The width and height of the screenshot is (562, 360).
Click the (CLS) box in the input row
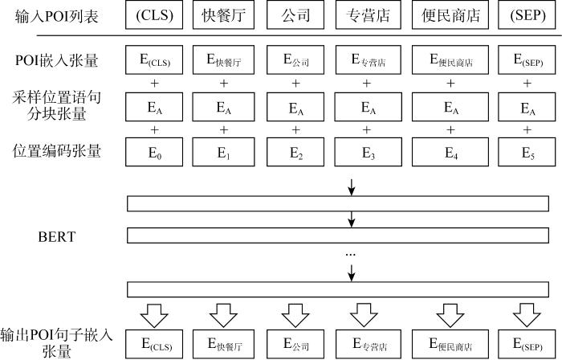pyautogui.click(x=154, y=14)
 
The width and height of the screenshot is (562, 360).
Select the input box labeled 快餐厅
pyautogui.click(x=224, y=14)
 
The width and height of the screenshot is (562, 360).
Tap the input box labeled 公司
pyautogui.click(x=295, y=14)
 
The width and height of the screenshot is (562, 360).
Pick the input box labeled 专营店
pyautogui.click(x=368, y=14)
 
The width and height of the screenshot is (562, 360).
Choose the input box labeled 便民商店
pyautogui.click(x=450, y=14)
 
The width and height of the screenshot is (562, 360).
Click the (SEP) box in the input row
pyautogui.click(x=527, y=14)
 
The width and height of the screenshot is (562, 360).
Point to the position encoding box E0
pyautogui.click(x=154, y=152)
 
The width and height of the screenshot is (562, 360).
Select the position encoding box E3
pyautogui.click(x=368, y=152)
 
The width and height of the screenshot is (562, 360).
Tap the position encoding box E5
pyautogui.click(x=527, y=152)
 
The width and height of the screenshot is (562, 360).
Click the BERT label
pyautogui.click(x=57, y=237)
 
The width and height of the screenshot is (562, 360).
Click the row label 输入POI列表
pyautogui.click(x=57, y=17)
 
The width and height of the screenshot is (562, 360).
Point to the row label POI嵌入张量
pyautogui.click(x=57, y=60)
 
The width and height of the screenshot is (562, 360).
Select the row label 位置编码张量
pyautogui.click(x=57, y=151)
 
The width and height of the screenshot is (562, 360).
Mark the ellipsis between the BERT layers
pyautogui.click(x=350, y=255)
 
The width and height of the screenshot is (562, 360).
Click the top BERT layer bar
pyautogui.click(x=338, y=203)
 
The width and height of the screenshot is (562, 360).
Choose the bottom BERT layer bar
pyautogui.click(x=338, y=289)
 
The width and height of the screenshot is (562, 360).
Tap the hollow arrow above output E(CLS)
pyautogui.click(x=154, y=316)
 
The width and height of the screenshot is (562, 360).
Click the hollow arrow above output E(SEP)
pyautogui.click(x=527, y=316)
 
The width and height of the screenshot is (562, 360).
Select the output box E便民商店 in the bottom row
pyautogui.click(x=450, y=344)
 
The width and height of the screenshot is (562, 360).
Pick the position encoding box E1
pyautogui.click(x=224, y=152)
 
